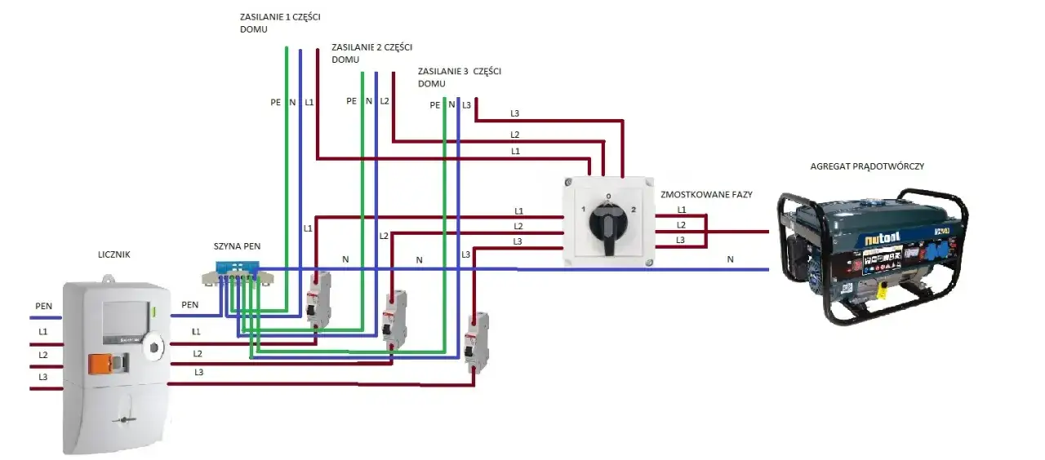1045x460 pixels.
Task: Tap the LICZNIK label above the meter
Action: click(x=113, y=255)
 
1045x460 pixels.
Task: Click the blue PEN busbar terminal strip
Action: click(x=237, y=270)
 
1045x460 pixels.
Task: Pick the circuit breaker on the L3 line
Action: click(x=476, y=339)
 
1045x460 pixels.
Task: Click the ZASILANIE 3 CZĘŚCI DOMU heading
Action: click(x=458, y=77)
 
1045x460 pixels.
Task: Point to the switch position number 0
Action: click(x=607, y=197)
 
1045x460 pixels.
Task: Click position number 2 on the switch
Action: click(x=633, y=210)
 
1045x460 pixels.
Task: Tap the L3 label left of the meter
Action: click(x=42, y=377)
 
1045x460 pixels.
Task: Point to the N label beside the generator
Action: click(x=730, y=259)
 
